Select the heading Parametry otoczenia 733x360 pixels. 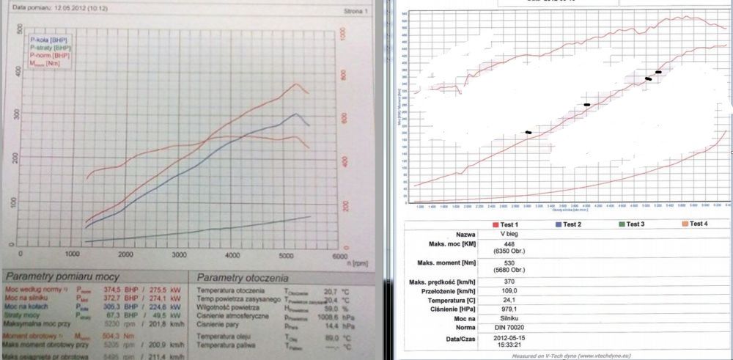243,279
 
